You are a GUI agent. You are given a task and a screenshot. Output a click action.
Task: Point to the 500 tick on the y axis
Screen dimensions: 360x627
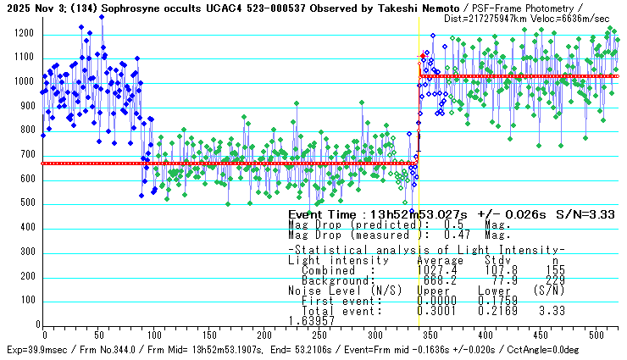pyautogui.click(x=27, y=204)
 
